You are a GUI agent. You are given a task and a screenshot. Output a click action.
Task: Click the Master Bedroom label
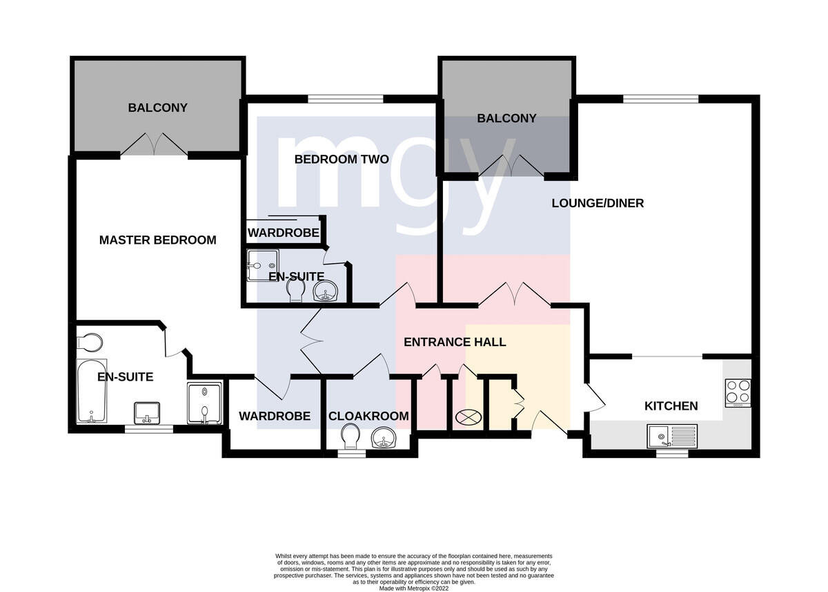pyautogui.click(x=158, y=240)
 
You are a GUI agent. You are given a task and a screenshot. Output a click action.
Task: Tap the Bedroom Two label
pyautogui.click(x=342, y=160)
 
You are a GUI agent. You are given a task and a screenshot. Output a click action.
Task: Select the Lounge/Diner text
pyautogui.click(x=598, y=203)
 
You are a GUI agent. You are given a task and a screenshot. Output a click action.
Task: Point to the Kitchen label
pyautogui.click(x=671, y=406)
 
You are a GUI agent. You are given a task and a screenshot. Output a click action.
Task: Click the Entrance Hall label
pyautogui.click(x=455, y=342)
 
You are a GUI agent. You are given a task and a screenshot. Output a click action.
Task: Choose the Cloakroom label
pyautogui.click(x=368, y=417)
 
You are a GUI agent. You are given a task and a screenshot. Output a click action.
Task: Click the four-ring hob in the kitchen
pyautogui.click(x=738, y=393)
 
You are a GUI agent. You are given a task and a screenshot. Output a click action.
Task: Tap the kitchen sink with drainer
pyautogui.click(x=672, y=437)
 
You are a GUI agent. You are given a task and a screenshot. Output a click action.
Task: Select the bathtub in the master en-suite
pyautogui.click(x=91, y=391)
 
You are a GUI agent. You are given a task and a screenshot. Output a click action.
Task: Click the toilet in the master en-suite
pyautogui.click(x=89, y=343)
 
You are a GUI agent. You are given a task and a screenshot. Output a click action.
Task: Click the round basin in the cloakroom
pyautogui.click(x=384, y=438)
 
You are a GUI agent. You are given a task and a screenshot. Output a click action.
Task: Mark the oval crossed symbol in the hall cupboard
pyautogui.click(x=469, y=417)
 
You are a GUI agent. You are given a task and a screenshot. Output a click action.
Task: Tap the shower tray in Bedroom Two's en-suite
pyautogui.click(x=263, y=265)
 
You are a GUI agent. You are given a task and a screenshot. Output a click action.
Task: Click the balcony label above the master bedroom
pyautogui.click(x=158, y=108)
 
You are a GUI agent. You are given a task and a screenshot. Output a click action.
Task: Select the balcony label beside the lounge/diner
pyautogui.click(x=506, y=118)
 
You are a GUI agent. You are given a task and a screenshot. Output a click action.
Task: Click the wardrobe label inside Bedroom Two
pyautogui.click(x=284, y=233)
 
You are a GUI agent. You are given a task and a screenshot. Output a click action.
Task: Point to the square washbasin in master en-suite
pyautogui.click(x=147, y=413)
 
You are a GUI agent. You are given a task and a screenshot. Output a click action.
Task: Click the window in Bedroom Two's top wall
pyautogui.click(x=346, y=99)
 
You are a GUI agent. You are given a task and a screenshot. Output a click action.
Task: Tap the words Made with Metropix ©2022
pyautogui.click(x=413, y=589)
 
